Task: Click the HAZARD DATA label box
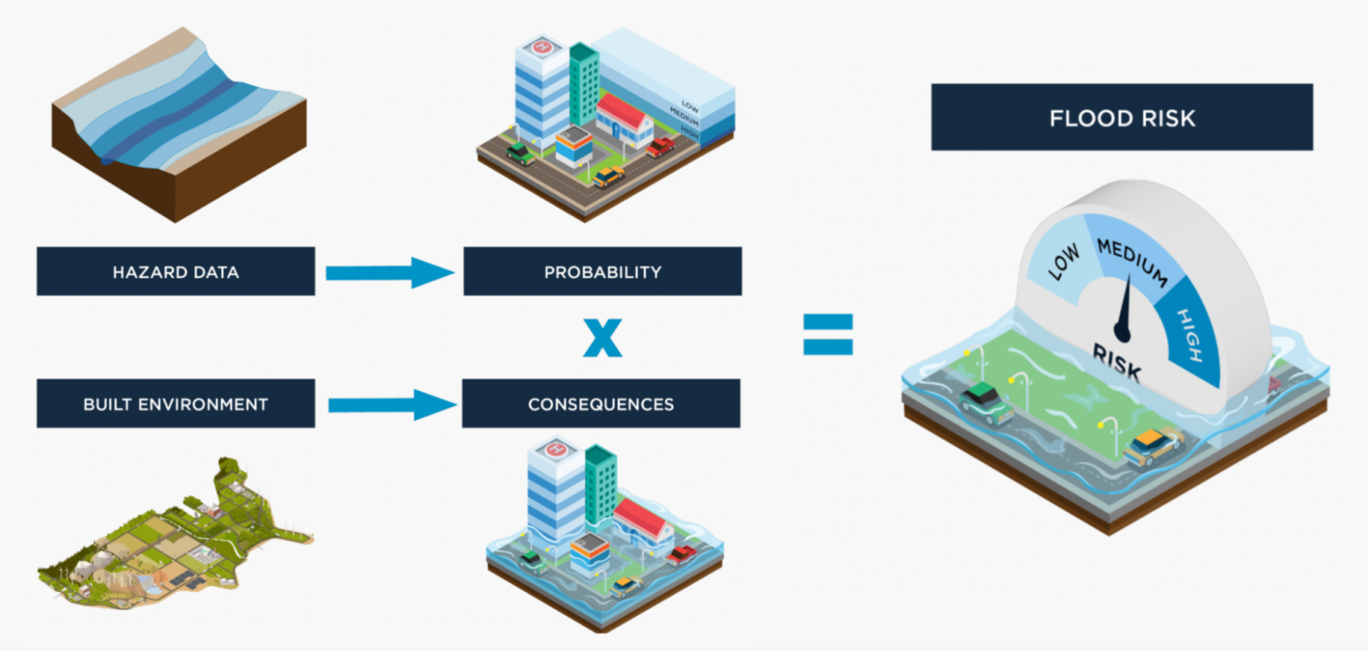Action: (175, 272)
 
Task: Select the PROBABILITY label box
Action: (602, 272)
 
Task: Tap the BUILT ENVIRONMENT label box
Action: (175, 403)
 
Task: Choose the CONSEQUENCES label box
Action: (600, 403)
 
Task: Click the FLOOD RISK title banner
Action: (1121, 118)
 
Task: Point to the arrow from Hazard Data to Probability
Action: (389, 273)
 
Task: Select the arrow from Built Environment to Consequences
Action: (390, 405)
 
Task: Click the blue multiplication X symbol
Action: (603, 339)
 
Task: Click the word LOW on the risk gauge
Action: (1063, 263)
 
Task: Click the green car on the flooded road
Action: (986, 402)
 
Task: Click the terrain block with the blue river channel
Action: (179, 120)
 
